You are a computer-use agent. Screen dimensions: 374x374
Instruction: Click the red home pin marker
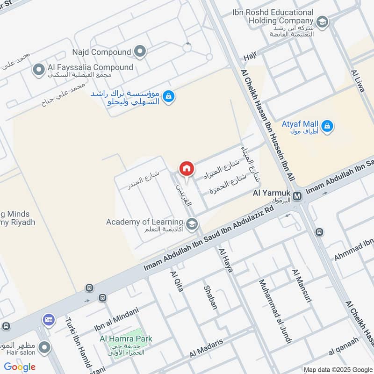click(x=187, y=168)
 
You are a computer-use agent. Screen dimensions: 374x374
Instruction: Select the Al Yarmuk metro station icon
click(x=298, y=196)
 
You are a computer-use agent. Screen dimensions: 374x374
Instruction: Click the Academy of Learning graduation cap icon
click(x=191, y=224)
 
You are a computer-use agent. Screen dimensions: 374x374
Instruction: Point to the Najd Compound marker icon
click(x=139, y=51)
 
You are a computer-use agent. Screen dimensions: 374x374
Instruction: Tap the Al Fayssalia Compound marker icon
click(x=38, y=71)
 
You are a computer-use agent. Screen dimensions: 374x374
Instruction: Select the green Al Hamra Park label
click(x=126, y=339)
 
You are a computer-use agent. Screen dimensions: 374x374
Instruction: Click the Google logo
click(x=20, y=367)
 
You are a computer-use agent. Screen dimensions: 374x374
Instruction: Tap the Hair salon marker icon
click(x=45, y=347)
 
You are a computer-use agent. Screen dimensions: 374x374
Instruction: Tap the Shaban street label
click(x=210, y=297)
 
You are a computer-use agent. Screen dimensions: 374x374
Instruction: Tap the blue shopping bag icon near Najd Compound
click(x=169, y=97)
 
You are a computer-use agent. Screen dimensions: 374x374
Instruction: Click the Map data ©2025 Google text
click(x=338, y=369)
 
